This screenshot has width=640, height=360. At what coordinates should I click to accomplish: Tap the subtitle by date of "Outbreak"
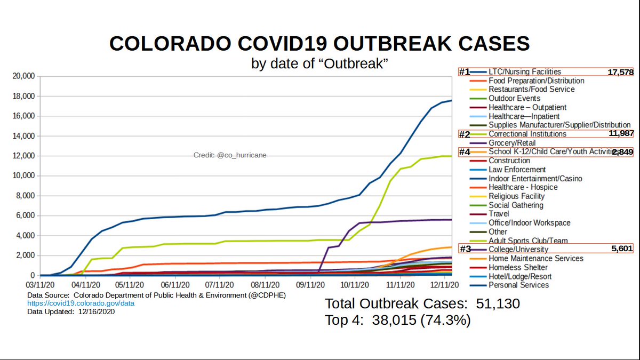(x=319, y=63)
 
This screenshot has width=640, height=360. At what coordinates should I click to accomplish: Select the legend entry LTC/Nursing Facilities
(x=524, y=72)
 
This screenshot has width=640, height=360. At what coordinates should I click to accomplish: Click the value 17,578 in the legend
(x=620, y=72)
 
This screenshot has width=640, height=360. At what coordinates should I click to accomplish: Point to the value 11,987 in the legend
(x=620, y=134)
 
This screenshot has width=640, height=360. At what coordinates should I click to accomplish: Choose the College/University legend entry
(x=518, y=250)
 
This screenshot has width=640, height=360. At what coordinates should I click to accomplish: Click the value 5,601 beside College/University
(x=622, y=250)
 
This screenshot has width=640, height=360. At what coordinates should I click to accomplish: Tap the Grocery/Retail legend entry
(x=512, y=143)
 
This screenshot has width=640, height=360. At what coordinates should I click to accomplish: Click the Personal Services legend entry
(x=518, y=285)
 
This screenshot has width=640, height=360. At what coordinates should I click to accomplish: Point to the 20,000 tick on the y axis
(x=23, y=76)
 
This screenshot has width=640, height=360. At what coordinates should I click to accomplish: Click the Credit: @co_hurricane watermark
(x=229, y=155)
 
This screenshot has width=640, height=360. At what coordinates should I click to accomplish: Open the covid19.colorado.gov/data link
(x=81, y=303)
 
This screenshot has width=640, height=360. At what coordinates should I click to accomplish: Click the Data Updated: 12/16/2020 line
(x=71, y=312)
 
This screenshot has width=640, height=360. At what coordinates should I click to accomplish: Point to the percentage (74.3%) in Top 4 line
(x=451, y=321)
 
